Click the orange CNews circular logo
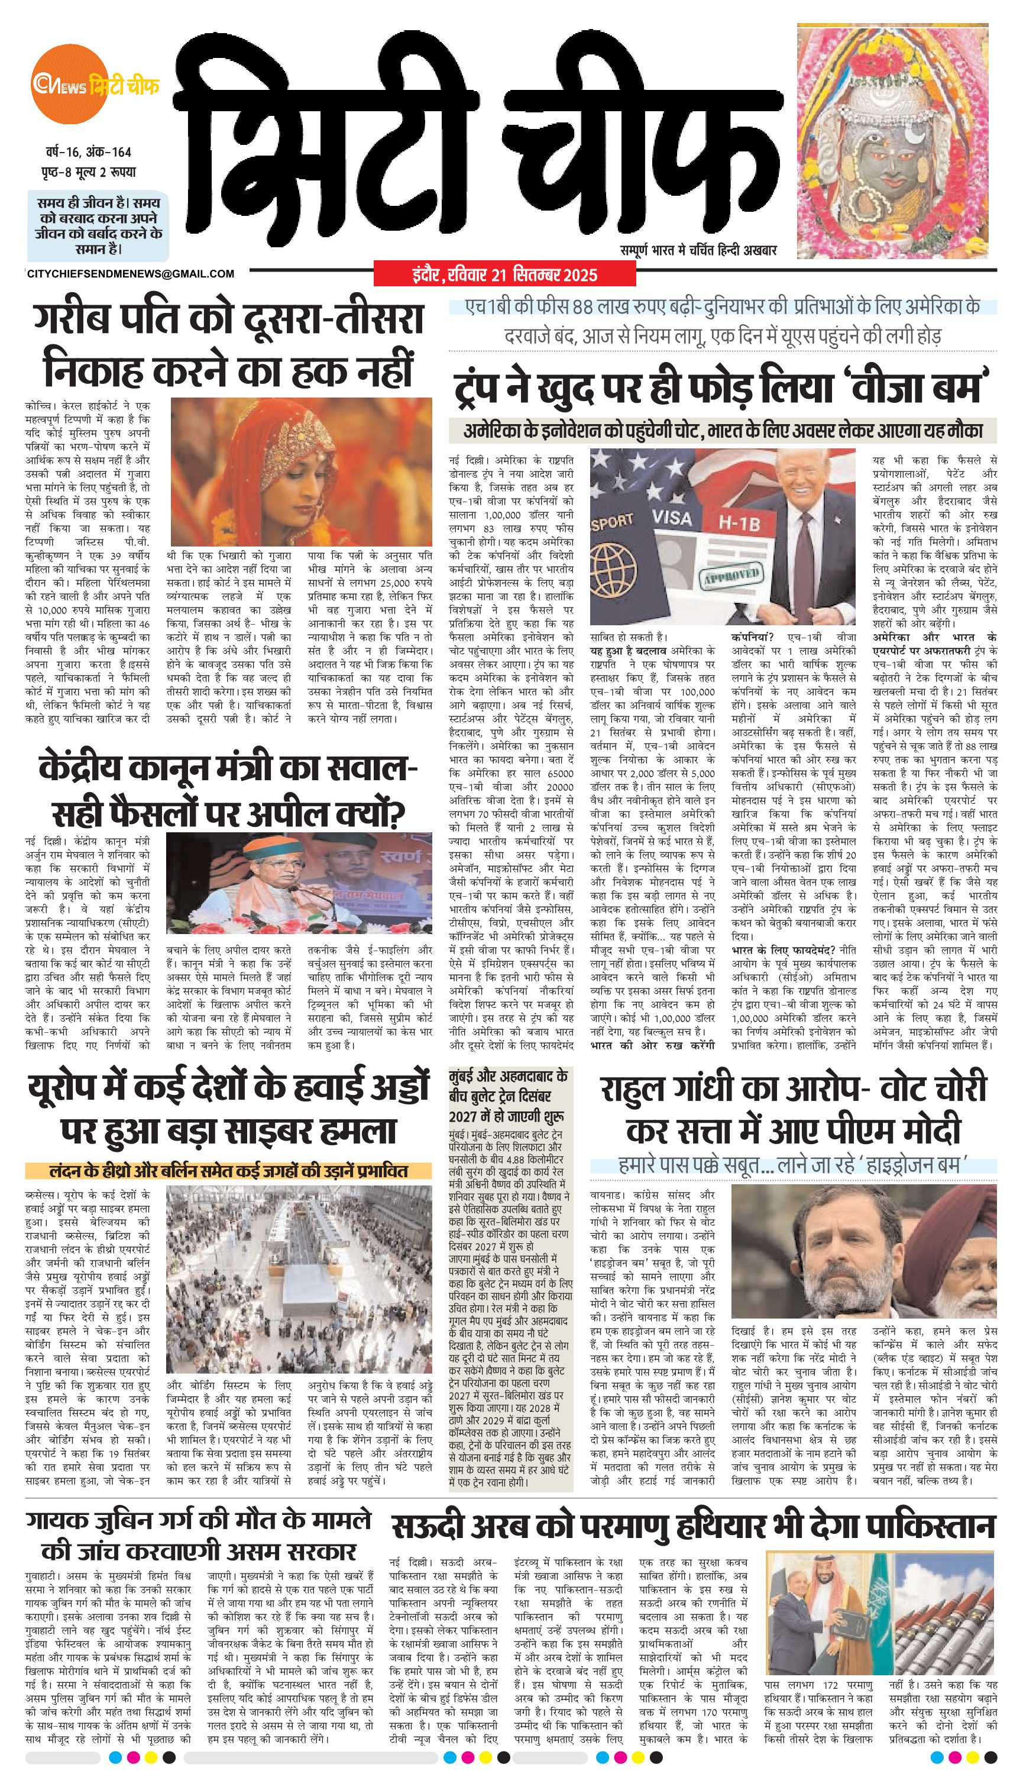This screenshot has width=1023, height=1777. pos(66,86)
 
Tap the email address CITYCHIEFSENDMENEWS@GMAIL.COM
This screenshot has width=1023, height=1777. pos(131,274)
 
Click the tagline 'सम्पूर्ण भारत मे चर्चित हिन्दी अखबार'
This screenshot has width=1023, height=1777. pos(698,250)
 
